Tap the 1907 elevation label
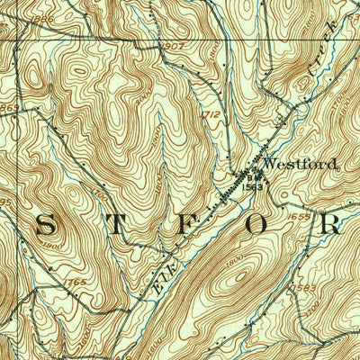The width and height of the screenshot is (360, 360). [x=174, y=47]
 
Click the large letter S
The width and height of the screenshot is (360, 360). [x=44, y=226]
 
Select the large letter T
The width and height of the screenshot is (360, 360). [x=118, y=226]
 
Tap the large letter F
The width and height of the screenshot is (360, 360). [x=190, y=226]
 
